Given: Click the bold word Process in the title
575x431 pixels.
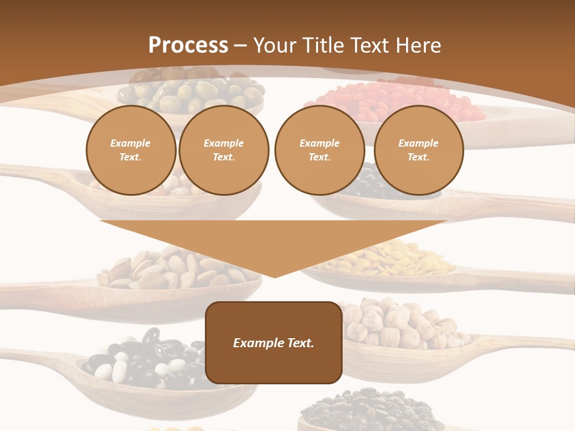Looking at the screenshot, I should [x=188, y=45].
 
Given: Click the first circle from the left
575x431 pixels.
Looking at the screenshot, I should [x=131, y=150].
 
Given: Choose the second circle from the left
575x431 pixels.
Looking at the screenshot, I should [x=224, y=150].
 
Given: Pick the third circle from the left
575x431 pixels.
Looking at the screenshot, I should [x=319, y=150].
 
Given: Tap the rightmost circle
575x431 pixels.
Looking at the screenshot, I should [x=419, y=150].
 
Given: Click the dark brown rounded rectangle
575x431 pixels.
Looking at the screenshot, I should [x=274, y=342].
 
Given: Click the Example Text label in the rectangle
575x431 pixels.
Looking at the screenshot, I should [x=274, y=343].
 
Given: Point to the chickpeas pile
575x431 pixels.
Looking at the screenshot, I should [x=401, y=326].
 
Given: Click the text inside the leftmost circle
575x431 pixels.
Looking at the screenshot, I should [x=131, y=150].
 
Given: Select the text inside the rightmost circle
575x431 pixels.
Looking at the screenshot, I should [x=419, y=150].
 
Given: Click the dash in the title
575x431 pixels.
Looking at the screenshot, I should [x=241, y=45].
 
